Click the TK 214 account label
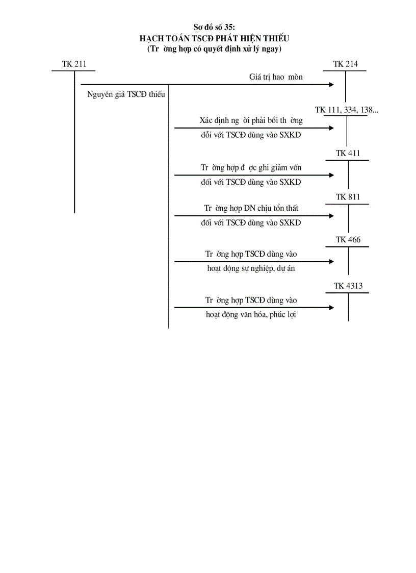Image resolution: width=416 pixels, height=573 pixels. pos(345,64)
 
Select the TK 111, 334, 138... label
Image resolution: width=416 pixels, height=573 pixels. pos(347,110)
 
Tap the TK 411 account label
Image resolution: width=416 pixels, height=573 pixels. pos(348,154)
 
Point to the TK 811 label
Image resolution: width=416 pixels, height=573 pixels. pos(348,197)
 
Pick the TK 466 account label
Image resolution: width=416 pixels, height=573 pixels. pos(348,240)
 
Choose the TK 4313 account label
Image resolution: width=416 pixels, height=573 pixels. pos(348,286)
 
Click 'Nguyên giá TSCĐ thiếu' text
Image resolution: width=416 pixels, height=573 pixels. pos(122,94)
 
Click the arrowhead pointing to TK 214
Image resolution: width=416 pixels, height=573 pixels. pos(332,84)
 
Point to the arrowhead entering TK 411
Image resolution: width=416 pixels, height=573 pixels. pos(332,175)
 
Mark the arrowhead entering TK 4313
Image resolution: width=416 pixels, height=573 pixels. pos(332,307)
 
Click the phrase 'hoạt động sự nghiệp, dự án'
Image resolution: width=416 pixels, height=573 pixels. pos(250,269)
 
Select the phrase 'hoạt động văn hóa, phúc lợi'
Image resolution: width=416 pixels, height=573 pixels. pos(251,315)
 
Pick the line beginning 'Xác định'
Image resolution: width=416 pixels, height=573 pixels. pos(251,121)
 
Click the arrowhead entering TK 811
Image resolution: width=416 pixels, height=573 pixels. pos(332,216)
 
